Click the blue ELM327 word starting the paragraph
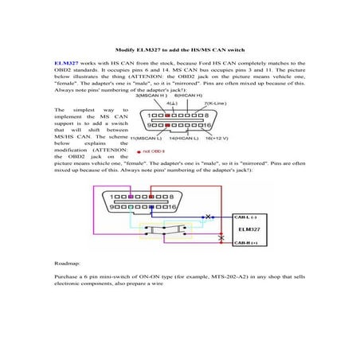click(65, 62)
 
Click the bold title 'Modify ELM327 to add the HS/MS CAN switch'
click(179, 47)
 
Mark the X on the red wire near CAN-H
click(221, 238)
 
